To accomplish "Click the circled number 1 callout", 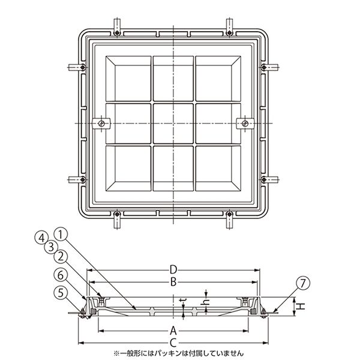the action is tap(60, 235).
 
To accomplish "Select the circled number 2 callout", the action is tap(61, 256).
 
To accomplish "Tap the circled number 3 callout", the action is tap(51, 247).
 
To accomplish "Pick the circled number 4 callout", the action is tap(41, 238).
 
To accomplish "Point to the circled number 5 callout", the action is tap(61, 293).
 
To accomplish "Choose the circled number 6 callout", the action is tap(61, 275).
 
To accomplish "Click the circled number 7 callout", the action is tap(303, 283).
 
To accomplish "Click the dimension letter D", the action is tap(173, 270).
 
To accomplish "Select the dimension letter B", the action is tap(173, 282).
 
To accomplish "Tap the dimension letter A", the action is tap(173, 331).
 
